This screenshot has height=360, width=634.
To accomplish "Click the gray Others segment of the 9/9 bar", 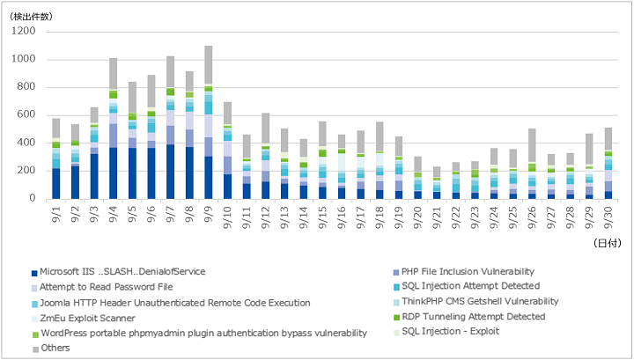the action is pos(208,64).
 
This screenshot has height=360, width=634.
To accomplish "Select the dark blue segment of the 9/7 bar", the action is pos(170,172).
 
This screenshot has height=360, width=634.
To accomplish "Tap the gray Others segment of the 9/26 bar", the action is pos(532,145).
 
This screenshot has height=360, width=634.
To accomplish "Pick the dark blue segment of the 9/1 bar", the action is pos(56,183).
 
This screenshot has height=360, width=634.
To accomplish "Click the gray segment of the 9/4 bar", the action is pos(114,74).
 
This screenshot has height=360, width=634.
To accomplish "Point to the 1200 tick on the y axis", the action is pos(24,31).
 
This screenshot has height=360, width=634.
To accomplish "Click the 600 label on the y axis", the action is pos(26,114).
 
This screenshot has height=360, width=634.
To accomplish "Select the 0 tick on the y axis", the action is pos(33,198).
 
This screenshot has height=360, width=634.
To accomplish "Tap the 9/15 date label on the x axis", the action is pos(322,218).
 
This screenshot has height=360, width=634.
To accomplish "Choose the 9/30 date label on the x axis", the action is pos(608,218).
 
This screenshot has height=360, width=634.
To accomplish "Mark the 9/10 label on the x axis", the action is pos(227,218).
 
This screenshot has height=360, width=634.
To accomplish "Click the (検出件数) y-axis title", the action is pos(31,17).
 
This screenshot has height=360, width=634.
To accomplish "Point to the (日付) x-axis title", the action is pos(607,243).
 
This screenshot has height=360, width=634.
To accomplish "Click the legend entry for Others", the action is pos(51,349).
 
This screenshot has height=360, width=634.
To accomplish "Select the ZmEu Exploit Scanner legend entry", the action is pos(84,319).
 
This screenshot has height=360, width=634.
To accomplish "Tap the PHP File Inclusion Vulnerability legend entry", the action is pos(464,272).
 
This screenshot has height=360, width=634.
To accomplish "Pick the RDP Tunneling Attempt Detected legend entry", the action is pos(469,317).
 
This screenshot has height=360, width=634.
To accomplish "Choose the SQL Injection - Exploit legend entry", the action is pos(446,332).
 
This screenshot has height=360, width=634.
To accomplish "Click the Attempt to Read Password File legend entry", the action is pos(102,287).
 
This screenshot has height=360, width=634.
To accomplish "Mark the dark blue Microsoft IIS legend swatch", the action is pos(34,273).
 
